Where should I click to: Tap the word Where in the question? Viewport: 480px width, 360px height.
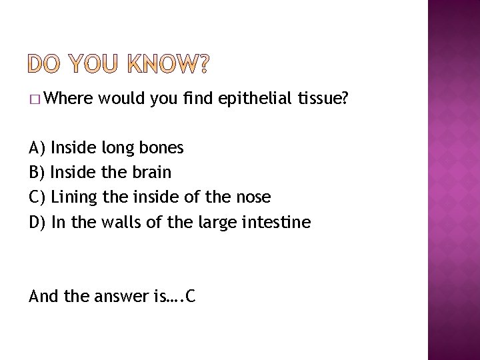[x=70, y=99]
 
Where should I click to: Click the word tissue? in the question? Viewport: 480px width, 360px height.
[x=323, y=99]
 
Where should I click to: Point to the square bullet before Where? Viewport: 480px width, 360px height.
[x=35, y=100]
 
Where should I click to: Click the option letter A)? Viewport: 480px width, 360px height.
[x=37, y=147]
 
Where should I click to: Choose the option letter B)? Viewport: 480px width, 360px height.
[x=37, y=172]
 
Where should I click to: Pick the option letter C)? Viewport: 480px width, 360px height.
[x=37, y=197]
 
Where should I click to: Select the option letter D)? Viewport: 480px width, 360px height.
[x=37, y=221]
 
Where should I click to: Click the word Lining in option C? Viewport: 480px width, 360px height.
[x=74, y=197]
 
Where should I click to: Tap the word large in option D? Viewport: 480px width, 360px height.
[x=217, y=221]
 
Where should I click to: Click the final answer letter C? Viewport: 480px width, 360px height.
[x=191, y=296]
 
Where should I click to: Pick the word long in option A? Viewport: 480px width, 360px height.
[x=121, y=147]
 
